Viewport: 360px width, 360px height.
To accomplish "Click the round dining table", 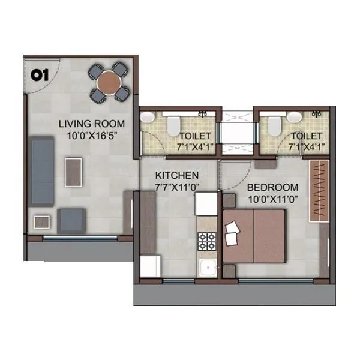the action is click(109, 82).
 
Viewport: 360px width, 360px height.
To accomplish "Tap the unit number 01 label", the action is click(40, 76).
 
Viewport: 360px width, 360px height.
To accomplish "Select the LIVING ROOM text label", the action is click(92, 124).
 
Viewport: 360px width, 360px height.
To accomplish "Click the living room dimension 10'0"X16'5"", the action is click(92, 136).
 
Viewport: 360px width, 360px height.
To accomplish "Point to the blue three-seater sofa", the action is click(41, 171).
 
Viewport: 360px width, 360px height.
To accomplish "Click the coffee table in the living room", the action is click(73, 172).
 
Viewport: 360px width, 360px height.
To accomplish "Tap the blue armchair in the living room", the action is click(71, 220).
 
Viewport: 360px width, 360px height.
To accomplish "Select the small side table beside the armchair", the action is click(42, 222).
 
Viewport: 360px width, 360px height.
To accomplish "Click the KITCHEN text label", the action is click(177, 176).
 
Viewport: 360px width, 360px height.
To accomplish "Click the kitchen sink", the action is click(208, 268).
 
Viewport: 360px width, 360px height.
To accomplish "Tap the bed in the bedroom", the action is click(254, 236).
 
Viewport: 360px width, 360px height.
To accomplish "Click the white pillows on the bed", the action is click(231, 233).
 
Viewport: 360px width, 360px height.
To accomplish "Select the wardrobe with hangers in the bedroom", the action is click(319, 191).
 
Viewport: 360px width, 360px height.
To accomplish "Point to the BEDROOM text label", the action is click(273, 188).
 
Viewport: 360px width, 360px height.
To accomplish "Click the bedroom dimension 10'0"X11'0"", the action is click(273, 199).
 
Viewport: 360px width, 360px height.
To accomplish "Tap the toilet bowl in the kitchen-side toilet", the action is click(173, 125).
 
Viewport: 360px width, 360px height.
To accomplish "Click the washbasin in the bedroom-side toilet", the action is click(294, 117).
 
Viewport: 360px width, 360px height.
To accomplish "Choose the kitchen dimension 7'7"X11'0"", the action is click(177, 187).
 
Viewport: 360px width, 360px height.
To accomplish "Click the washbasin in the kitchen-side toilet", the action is click(148, 117).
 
